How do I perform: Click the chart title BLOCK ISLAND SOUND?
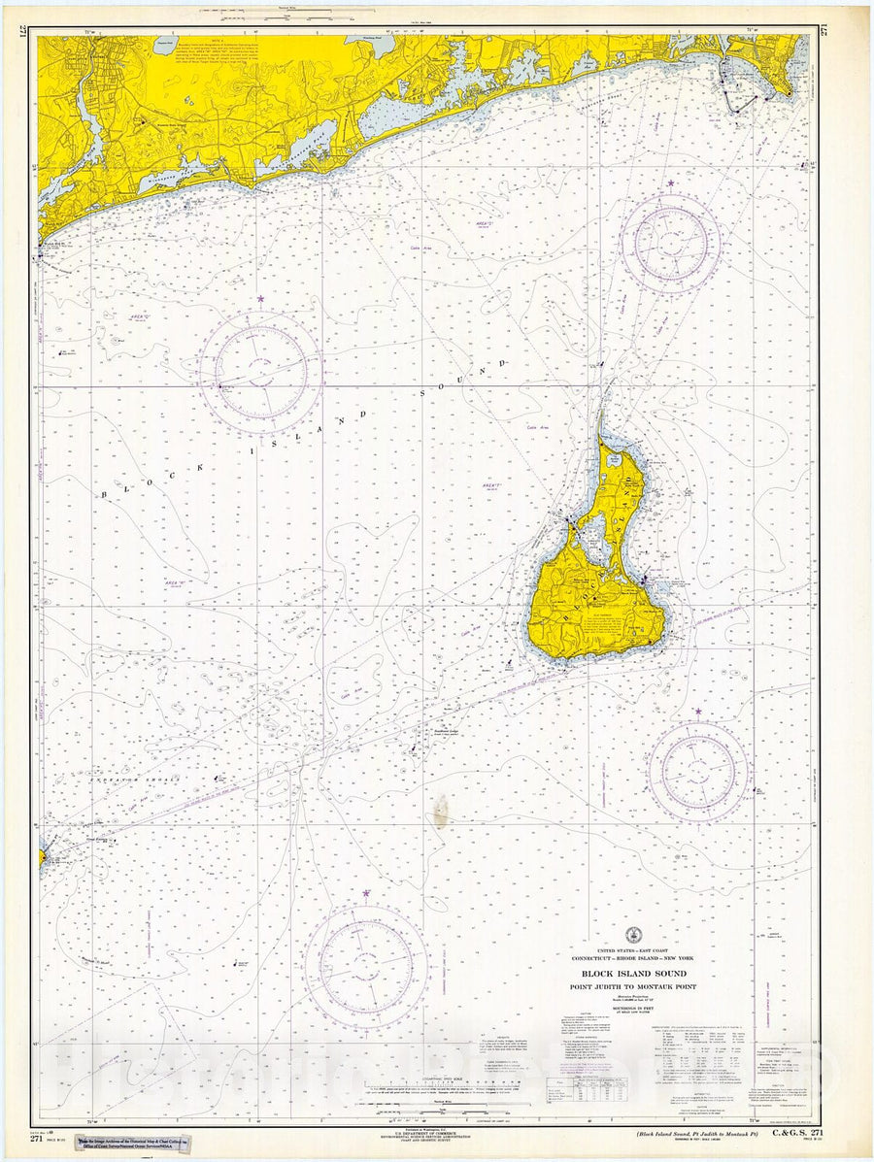tap(633, 973)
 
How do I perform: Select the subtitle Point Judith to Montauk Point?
tap(633, 986)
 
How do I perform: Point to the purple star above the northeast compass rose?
tap(670, 183)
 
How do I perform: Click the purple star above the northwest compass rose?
tap(260, 299)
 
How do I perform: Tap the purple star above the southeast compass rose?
tap(697, 712)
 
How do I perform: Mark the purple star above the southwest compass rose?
tap(366, 893)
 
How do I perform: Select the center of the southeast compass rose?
tap(698, 772)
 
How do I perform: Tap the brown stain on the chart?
tap(441, 809)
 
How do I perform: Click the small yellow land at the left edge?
tap(42, 858)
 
